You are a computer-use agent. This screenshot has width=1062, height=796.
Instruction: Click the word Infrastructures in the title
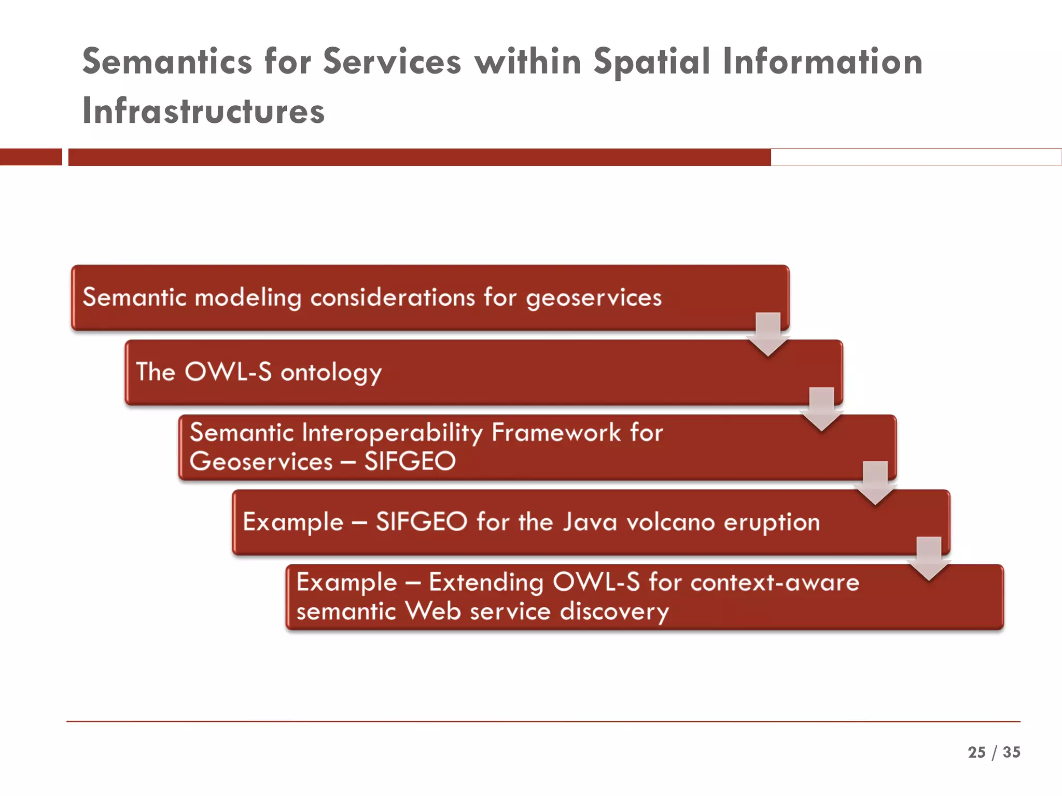pos(203,111)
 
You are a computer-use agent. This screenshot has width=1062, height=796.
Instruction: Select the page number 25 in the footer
pos(976,752)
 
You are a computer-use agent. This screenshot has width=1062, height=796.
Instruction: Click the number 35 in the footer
pos(1011,752)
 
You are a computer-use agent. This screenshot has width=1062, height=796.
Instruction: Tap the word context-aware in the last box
pos(775,582)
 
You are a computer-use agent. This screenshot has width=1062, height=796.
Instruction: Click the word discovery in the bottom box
pos(614,612)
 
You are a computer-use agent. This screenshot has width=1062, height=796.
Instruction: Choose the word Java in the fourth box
pos(590,522)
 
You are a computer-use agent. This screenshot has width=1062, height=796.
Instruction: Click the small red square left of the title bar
pos(31,157)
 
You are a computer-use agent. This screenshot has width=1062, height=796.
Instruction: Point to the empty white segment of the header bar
pos(915,157)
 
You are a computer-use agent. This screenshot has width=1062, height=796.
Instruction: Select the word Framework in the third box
pos(555,433)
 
